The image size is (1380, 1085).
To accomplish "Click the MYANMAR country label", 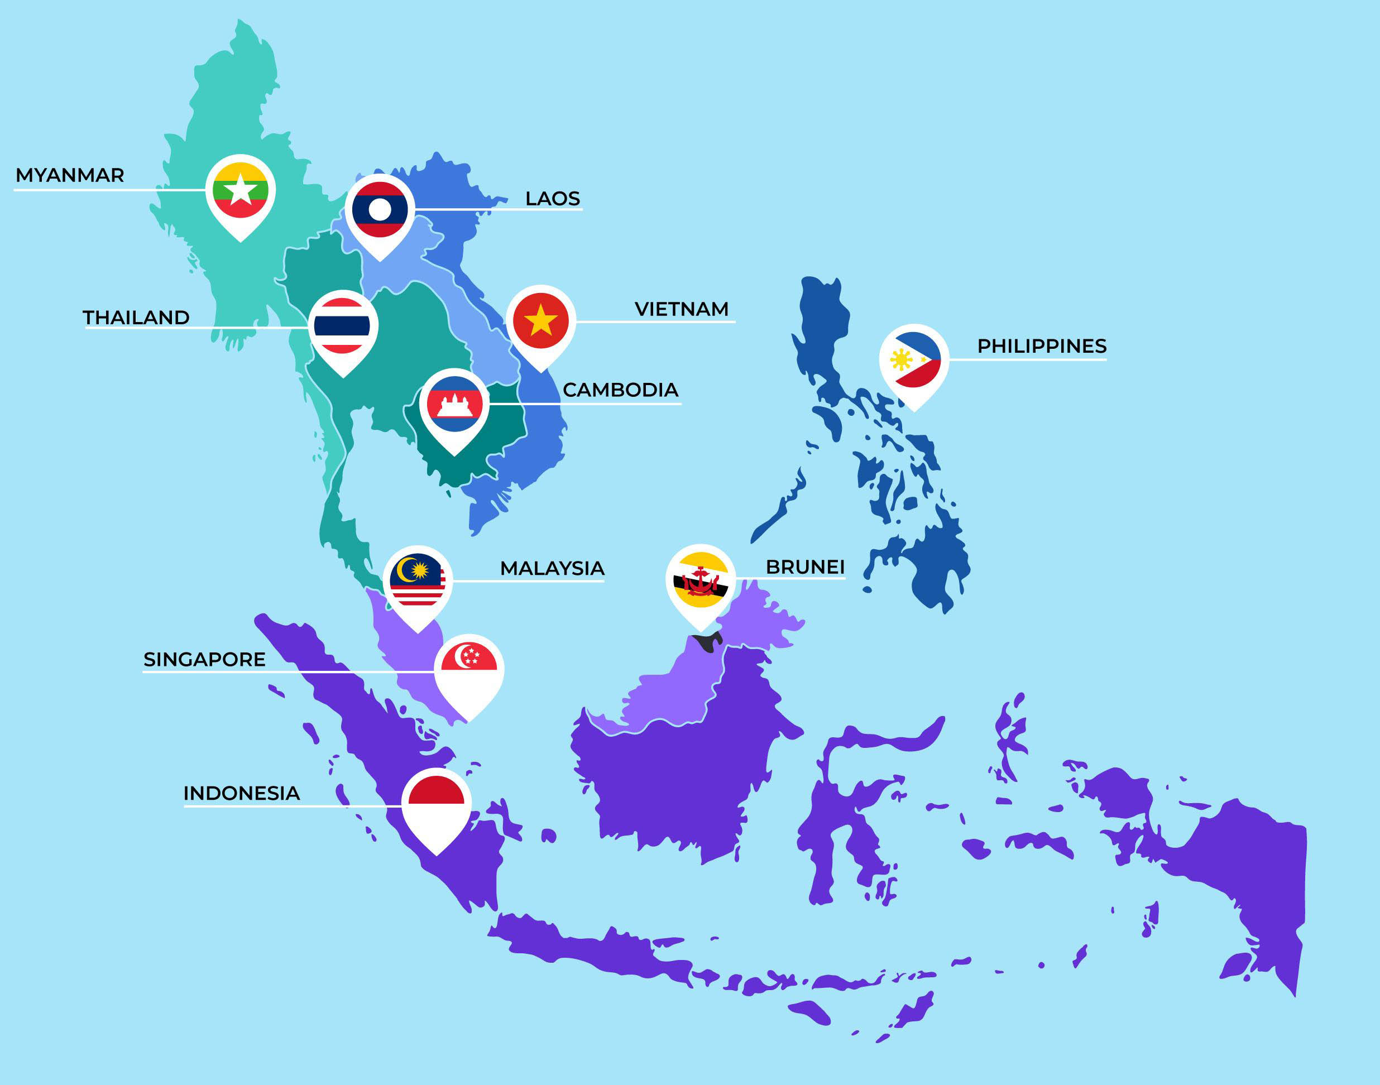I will pyautogui.click(x=70, y=175).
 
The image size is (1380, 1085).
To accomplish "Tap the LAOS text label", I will pyautogui.click(x=552, y=199).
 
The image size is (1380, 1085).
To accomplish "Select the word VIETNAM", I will pyautogui.click(x=681, y=309).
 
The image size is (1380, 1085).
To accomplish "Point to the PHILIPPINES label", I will pyautogui.click(x=1041, y=346).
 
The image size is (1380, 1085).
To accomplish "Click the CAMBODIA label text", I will pyautogui.click(x=620, y=390).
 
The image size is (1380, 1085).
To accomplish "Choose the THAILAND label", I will pyautogui.click(x=136, y=318).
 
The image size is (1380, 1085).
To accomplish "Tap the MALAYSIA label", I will pyautogui.click(x=552, y=569).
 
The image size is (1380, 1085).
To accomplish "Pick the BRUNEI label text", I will pyautogui.click(x=805, y=567).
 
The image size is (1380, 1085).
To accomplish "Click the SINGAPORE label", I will pyautogui.click(x=204, y=659).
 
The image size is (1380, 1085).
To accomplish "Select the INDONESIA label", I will pyautogui.click(x=241, y=794).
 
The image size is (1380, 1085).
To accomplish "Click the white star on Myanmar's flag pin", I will pyautogui.click(x=241, y=190).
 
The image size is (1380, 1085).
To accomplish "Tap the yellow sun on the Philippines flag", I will pyautogui.click(x=900, y=359).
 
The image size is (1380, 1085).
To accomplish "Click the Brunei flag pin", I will pyautogui.click(x=700, y=580).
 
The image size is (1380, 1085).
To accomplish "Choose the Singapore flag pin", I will pyautogui.click(x=469, y=670).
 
